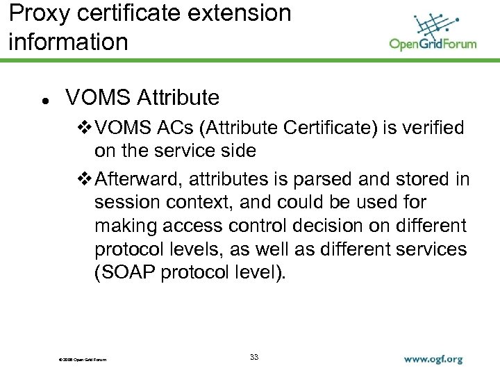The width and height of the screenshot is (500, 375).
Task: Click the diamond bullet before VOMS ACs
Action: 83,128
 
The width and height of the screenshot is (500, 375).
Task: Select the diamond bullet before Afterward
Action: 83,179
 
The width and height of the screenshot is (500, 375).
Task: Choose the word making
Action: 127,226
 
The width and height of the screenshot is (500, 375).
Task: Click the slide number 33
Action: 254,357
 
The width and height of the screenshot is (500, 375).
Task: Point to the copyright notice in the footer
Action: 78,359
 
